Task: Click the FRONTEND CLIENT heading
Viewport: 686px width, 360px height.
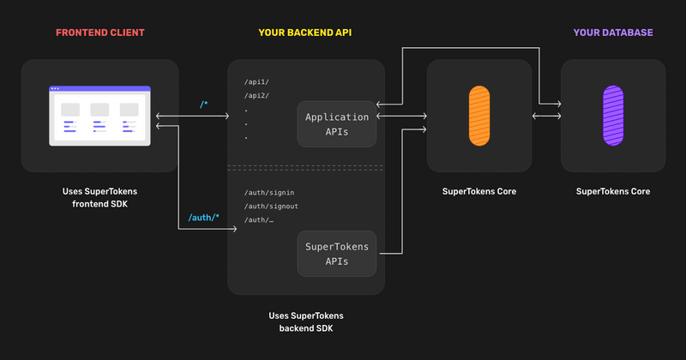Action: tap(99, 33)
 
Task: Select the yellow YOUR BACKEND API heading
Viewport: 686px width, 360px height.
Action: tap(305, 33)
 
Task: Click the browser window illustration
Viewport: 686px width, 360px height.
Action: tap(99, 116)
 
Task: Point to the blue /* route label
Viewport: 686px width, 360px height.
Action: tap(203, 105)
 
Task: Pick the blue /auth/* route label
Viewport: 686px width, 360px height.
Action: tap(203, 218)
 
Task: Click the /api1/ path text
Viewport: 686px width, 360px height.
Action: tap(257, 81)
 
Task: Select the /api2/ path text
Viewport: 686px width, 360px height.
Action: tap(257, 95)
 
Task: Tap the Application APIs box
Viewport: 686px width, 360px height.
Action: tap(337, 124)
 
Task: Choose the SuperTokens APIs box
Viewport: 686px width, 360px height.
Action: tap(337, 254)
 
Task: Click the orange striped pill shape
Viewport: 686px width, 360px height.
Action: tap(479, 115)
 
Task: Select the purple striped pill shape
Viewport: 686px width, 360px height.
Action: tap(613, 115)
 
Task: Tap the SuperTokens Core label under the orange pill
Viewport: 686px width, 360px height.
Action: tap(479, 191)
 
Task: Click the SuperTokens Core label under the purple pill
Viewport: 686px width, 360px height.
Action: tap(613, 191)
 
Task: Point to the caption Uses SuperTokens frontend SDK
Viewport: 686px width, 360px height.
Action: tap(99, 198)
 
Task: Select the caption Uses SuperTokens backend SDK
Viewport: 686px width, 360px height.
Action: tap(306, 321)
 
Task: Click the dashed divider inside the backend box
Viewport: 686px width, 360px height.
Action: tap(306, 167)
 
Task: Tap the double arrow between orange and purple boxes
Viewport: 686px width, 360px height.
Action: tap(546, 116)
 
